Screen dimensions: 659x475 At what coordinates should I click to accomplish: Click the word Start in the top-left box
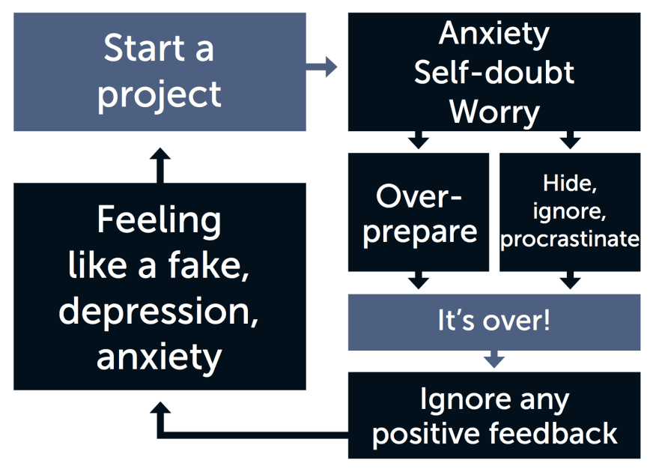pyautogui.click(x=144, y=49)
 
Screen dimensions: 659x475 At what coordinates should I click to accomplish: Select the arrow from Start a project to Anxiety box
pyautogui.click(x=321, y=67)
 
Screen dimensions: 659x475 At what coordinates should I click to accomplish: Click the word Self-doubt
pyautogui.click(x=494, y=73)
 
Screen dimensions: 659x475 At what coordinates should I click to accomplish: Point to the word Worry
pyautogui.click(x=494, y=112)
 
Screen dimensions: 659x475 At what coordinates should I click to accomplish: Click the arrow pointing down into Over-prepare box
pyautogui.click(x=418, y=140)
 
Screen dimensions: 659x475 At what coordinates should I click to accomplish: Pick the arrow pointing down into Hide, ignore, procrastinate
pyautogui.click(x=570, y=140)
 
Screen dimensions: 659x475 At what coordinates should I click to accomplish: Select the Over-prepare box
pyautogui.click(x=419, y=212)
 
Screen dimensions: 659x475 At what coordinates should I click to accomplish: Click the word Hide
pyautogui.click(x=569, y=184)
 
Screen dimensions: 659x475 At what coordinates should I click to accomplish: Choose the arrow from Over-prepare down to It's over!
pyautogui.click(x=418, y=280)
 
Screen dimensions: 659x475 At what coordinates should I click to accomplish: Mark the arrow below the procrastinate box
pyautogui.click(x=570, y=280)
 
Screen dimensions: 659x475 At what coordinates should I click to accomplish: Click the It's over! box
pyautogui.click(x=494, y=322)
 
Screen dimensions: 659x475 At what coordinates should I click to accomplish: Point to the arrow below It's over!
pyautogui.click(x=494, y=360)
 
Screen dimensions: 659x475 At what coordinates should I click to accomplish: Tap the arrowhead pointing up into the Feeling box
pyautogui.click(x=160, y=408)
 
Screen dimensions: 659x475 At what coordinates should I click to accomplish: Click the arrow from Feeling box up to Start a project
pyautogui.click(x=160, y=165)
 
